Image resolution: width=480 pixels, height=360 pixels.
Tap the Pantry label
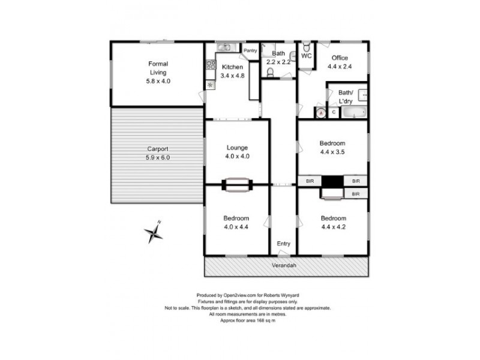(250, 50)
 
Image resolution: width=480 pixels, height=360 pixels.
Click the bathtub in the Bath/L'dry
(353, 112)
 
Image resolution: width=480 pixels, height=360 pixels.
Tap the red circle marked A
(321, 112)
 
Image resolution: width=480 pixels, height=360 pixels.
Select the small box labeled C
(334, 112)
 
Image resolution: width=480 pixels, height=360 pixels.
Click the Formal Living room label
(158, 68)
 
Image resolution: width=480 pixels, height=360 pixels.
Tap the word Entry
(283, 244)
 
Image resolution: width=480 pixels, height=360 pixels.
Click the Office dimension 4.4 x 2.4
(340, 67)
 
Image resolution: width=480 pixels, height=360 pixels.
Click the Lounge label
(237, 148)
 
